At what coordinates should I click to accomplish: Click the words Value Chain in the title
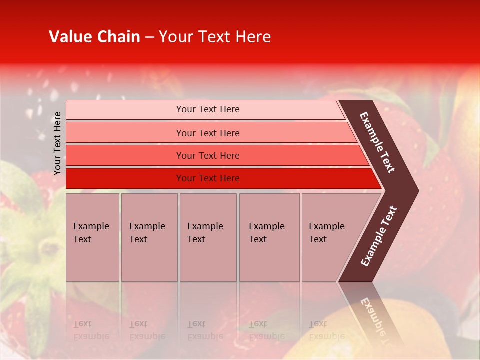[x=94, y=37]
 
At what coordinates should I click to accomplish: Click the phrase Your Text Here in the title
[x=215, y=37]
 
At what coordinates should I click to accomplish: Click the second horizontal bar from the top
[x=207, y=133]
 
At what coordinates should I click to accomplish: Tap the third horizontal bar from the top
[x=207, y=155]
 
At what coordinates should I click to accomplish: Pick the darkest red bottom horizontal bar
[x=207, y=178]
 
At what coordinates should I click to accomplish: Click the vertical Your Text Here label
[x=57, y=143]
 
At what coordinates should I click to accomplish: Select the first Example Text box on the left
[x=92, y=237]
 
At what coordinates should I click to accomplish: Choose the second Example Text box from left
[x=149, y=237]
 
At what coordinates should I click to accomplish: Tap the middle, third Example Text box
[x=208, y=237]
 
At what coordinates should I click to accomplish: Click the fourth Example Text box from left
[x=269, y=237]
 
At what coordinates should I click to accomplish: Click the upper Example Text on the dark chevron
[x=377, y=142]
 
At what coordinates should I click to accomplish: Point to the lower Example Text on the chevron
[x=379, y=236]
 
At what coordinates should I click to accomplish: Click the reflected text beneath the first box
[x=90, y=330]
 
